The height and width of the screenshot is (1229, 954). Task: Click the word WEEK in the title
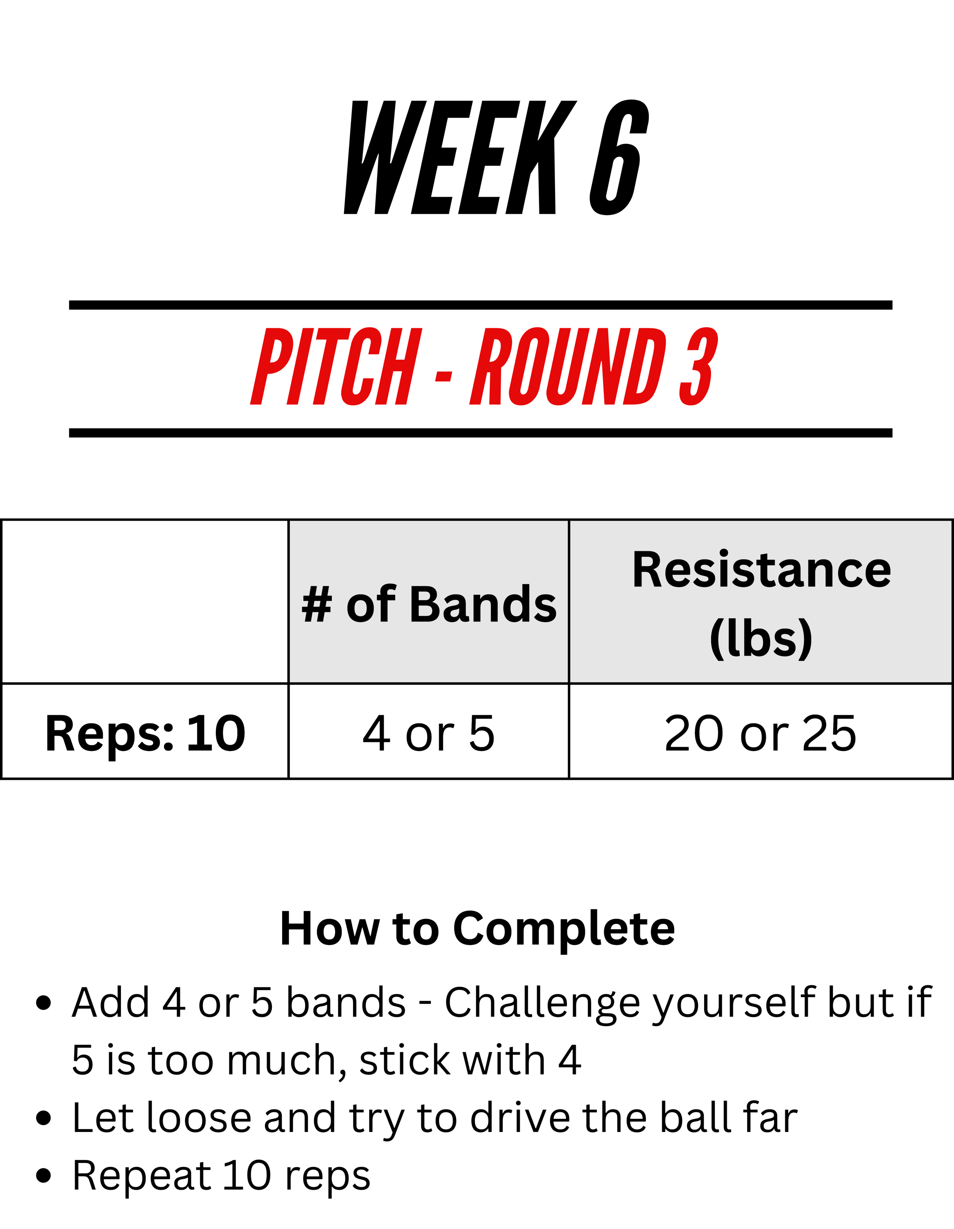click(x=460, y=158)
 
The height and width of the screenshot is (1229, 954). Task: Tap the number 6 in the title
click(x=619, y=158)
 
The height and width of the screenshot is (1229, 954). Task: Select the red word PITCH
click(x=336, y=366)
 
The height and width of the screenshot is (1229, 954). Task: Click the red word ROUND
click(x=569, y=366)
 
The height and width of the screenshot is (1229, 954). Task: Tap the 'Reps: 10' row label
click(x=145, y=733)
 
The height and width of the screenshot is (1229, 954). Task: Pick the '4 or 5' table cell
click(x=428, y=733)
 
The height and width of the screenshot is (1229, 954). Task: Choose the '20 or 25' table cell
click(x=761, y=733)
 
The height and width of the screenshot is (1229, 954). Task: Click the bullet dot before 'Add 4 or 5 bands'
click(x=43, y=1003)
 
